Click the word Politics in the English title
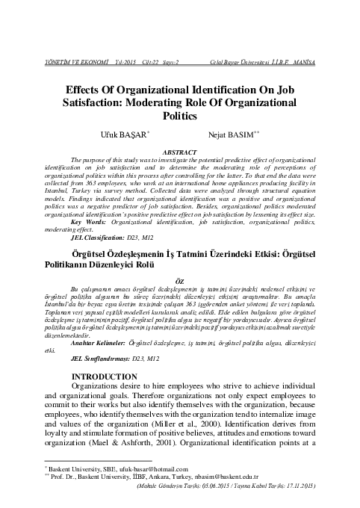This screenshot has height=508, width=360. tap(179, 117)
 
